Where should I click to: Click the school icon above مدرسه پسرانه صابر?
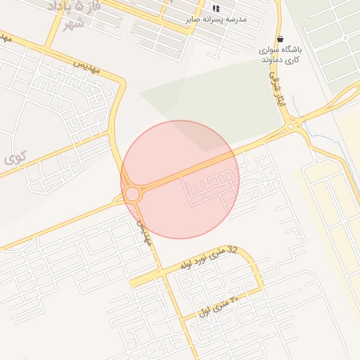215,8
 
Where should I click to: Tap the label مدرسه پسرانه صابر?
216,20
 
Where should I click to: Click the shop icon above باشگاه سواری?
281,39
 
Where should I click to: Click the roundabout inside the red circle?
131,193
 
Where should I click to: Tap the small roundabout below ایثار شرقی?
290,127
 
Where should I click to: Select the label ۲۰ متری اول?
219,305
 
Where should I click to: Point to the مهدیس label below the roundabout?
143,231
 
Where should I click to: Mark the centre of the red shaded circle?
180,179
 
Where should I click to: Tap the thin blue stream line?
299,112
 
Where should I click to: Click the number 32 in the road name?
233,250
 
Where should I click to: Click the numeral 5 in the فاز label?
69,6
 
